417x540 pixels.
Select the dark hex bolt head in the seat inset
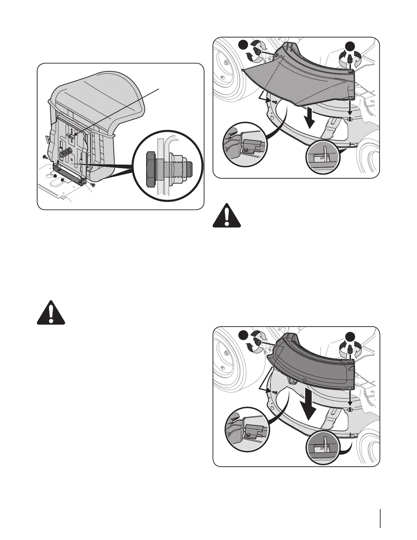click(150, 169)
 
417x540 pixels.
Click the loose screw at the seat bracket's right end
click(92, 185)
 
